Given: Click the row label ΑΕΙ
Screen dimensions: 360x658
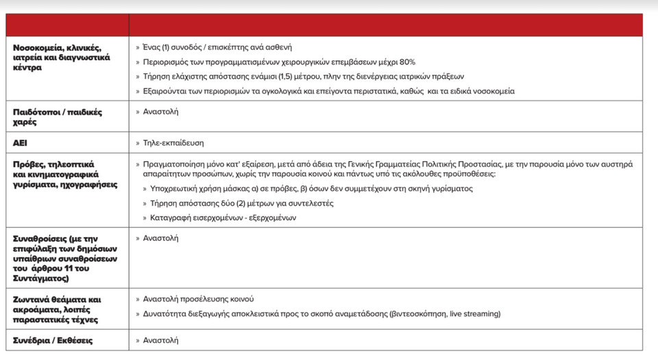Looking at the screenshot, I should (x=21, y=143).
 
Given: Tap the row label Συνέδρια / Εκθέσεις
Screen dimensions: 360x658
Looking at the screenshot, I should (x=53, y=340).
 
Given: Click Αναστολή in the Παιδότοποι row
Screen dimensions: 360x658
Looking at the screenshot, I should (x=160, y=111).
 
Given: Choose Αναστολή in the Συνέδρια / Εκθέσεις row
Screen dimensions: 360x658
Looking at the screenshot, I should (x=160, y=340).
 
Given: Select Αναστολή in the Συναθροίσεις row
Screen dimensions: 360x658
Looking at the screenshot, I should (x=160, y=238).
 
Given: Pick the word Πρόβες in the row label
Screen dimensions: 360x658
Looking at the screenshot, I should (x=30, y=164).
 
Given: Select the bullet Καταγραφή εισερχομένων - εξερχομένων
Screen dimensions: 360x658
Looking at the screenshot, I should (x=223, y=218).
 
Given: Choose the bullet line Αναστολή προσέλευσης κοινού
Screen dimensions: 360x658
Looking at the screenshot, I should (x=197, y=300).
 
